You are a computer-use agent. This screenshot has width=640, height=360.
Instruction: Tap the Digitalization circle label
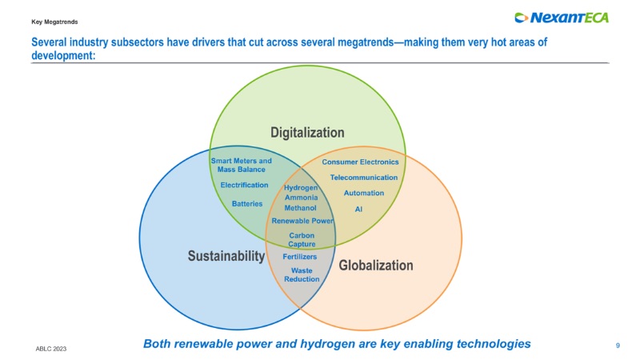click(307, 132)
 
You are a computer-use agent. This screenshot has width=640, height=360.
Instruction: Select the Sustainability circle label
click(226, 256)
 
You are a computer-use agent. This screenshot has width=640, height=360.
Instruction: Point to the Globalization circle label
click(376, 265)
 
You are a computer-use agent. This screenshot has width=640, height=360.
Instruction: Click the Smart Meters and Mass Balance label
click(241, 166)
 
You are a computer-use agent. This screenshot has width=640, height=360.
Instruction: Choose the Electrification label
click(244, 185)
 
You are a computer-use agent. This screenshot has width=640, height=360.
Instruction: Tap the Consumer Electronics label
click(360, 162)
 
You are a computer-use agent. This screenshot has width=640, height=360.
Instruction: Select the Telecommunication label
click(364, 177)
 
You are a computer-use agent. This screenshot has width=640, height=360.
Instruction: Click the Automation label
click(364, 193)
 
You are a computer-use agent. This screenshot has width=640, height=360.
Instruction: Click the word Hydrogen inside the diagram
click(301, 187)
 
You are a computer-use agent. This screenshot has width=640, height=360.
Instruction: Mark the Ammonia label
click(301, 197)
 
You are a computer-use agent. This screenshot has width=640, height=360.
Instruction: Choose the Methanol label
click(301, 207)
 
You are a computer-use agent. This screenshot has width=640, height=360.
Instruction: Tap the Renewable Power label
click(302, 220)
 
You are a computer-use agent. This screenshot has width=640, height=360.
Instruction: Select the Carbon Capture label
click(302, 239)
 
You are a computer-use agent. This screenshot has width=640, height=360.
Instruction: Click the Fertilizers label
click(300, 257)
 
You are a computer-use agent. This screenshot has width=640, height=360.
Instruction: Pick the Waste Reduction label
click(302, 274)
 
